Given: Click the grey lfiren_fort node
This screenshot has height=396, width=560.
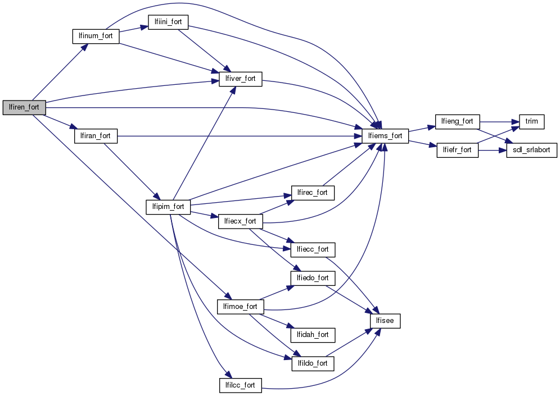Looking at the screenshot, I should pos(24,107).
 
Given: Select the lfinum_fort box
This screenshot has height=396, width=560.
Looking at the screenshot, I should pos(96,36).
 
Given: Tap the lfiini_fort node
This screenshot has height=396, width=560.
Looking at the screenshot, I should pos(168,22).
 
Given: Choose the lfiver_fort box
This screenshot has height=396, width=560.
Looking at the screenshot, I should pos(240,79).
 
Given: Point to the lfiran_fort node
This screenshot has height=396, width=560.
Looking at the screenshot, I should pos(96,136).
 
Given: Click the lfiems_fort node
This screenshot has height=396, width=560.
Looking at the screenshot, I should pos(385,136).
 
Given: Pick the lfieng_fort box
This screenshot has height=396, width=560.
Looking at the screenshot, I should pos(457,121).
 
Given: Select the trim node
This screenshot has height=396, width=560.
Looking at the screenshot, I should pos(531,121).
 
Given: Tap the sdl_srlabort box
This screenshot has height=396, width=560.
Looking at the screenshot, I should pos(531,151).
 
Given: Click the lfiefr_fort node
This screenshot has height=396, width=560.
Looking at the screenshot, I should pos(457,151).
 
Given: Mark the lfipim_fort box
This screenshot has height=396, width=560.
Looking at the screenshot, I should pos(169,207).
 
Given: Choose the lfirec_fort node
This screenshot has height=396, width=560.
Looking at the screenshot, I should pos(313,193).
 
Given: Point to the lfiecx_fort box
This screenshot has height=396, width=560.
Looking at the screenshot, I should pos(240,221).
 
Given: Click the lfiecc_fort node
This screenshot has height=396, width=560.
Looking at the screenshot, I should pos(313,249).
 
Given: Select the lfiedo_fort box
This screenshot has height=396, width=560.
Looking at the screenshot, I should pos(313,278).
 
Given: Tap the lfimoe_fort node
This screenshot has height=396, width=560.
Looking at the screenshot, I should pos(240,307).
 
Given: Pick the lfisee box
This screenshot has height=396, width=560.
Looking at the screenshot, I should pos(385,321).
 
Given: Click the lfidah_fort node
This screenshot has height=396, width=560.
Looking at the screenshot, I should pos(313,335).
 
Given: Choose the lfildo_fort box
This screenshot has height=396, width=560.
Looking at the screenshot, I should pos(313,363).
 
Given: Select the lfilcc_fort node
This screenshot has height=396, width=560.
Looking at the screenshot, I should pos(240,385).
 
